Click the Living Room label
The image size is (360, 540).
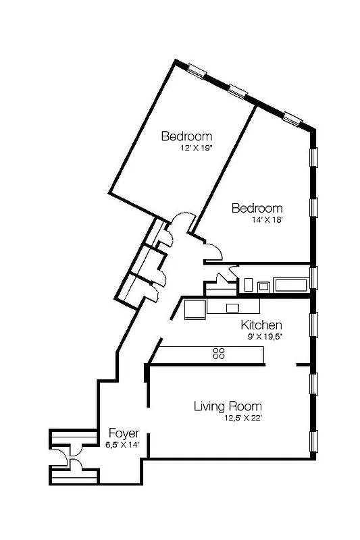pos(228,406)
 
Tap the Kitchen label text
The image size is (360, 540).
pos(261,325)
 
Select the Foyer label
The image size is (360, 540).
pos(124,433)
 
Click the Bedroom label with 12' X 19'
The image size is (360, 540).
pos(186,136)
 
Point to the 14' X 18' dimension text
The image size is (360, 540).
pos(257,219)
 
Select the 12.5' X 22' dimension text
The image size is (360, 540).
pos(242,418)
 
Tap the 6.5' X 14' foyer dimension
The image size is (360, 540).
pos(122,445)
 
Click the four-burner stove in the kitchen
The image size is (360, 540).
pos(219,353)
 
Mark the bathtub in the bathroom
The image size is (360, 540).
pos(290,284)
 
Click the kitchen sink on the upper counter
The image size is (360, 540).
pos(232,308)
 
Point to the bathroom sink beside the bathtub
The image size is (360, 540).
pos(263,286)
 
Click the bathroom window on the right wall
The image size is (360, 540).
pos(313,277)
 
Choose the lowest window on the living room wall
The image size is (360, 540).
pos(313,442)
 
